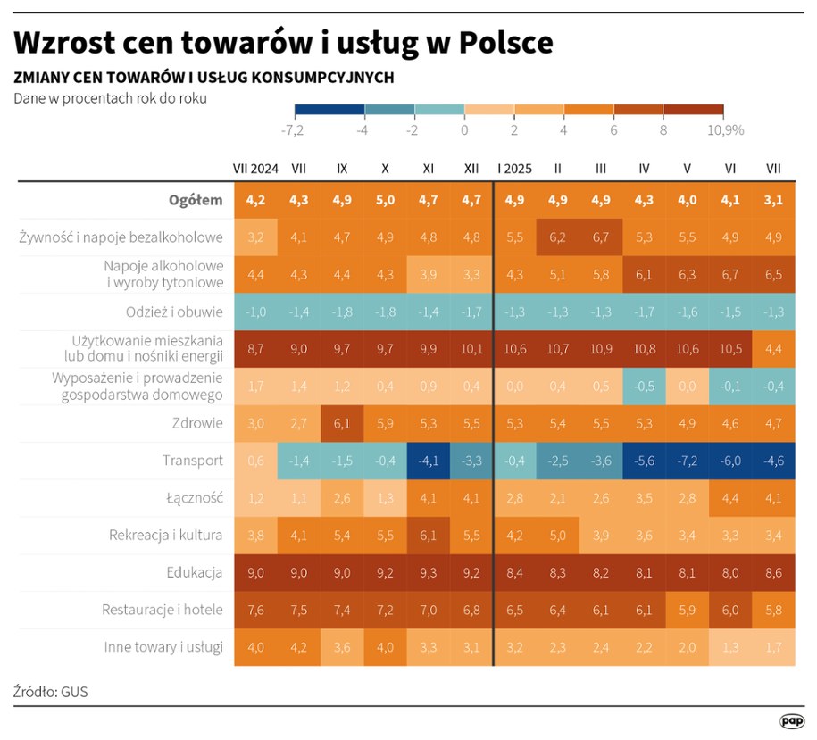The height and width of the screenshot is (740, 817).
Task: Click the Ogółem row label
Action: pos(196,200)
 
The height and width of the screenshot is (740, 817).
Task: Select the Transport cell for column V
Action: pos(688,461)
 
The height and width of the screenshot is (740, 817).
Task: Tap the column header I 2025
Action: pos(515,168)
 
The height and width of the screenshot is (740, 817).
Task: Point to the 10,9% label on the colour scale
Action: pos(725,130)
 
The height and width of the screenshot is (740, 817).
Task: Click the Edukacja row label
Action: pos(195,572)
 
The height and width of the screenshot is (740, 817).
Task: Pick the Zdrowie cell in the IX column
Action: pos(342,423)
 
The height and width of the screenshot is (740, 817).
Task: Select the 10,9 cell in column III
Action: pos(601,349)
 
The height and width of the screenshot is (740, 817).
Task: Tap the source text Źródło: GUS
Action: pos(51,691)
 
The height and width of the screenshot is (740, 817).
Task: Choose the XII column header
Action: pos(471,168)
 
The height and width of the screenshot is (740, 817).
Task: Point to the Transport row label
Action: pos(193,461)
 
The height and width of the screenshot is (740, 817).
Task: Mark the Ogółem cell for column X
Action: pos(385,200)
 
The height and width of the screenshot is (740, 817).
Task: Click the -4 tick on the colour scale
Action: pos(363,130)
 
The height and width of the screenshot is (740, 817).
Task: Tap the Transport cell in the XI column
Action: pos(428,461)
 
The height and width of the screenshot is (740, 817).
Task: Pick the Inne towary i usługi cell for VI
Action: pos(730,647)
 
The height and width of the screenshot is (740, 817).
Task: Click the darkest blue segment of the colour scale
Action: pos(329,110)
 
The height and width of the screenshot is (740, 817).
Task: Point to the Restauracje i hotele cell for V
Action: pos(688,610)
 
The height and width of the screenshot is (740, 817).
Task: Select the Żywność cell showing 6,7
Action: pos(601,237)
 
